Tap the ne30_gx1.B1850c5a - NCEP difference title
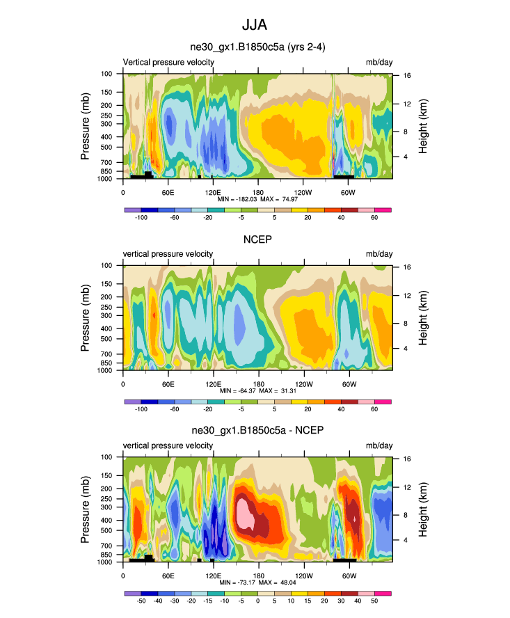click(x=257, y=431)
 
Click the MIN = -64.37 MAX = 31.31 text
click(x=257, y=392)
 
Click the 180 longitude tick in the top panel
click(x=257, y=192)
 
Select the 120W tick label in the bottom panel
click(x=303, y=576)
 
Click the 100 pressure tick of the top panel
click(x=107, y=73)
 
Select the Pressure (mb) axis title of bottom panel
click(x=86, y=509)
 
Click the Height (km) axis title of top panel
click(x=422, y=125)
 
